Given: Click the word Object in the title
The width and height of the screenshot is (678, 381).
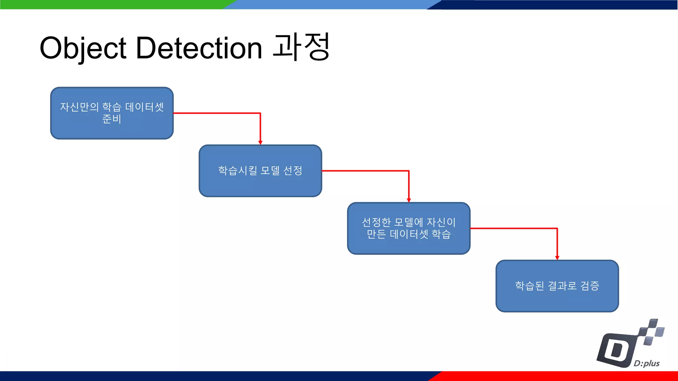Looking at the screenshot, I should pyautogui.click(x=83, y=49).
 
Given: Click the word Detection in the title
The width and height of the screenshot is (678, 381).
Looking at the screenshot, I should pyautogui.click(x=199, y=49).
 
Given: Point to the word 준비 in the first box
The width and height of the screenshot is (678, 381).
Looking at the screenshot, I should pyautogui.click(x=112, y=119).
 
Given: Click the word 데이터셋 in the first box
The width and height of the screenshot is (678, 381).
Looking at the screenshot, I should pyautogui.click(x=144, y=107).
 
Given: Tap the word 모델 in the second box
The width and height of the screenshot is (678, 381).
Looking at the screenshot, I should pyautogui.click(x=270, y=171).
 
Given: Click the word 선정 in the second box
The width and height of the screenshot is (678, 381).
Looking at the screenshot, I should pyautogui.click(x=293, y=171).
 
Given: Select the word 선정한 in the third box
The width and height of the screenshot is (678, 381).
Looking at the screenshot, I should pyautogui.click(x=376, y=222).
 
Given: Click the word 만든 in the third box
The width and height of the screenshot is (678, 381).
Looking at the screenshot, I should pyautogui.click(x=376, y=234).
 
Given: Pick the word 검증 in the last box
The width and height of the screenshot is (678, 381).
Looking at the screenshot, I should pyautogui.click(x=590, y=286).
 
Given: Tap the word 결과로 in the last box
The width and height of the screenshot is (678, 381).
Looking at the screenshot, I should pyautogui.click(x=562, y=286).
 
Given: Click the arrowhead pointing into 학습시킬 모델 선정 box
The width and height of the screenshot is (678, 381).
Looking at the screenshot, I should pyautogui.click(x=260, y=143).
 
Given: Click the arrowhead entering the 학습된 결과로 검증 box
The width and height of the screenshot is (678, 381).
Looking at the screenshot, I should pyautogui.click(x=557, y=258).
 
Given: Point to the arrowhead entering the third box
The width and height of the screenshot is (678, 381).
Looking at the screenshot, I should pyautogui.click(x=409, y=200).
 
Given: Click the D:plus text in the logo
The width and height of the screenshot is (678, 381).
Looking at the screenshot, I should pyautogui.click(x=646, y=363).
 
